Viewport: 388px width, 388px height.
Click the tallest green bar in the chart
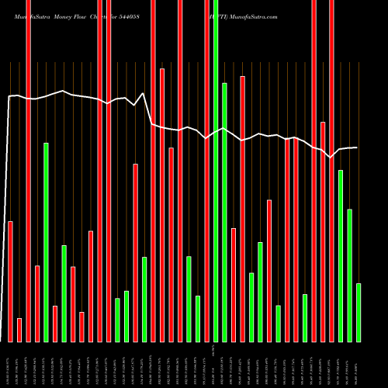pyautogui.click(x=216, y=171)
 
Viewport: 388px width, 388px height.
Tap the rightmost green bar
pyautogui.click(x=359, y=312)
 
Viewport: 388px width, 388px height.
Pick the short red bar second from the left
pyautogui.click(x=19, y=330)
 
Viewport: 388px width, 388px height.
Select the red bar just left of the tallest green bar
pyautogui.click(x=207, y=171)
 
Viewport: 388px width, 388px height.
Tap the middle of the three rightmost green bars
pyautogui.click(x=350, y=275)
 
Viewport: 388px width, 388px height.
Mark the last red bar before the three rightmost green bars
pyautogui.click(x=332, y=171)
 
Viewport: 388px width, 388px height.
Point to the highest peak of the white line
pyautogui.click(x=143, y=94)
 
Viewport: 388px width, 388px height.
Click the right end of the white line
pyautogui.click(x=357, y=147)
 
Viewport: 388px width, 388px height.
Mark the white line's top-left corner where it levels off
pyautogui.click(x=9, y=97)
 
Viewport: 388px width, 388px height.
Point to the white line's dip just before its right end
pyautogui.click(x=331, y=157)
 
